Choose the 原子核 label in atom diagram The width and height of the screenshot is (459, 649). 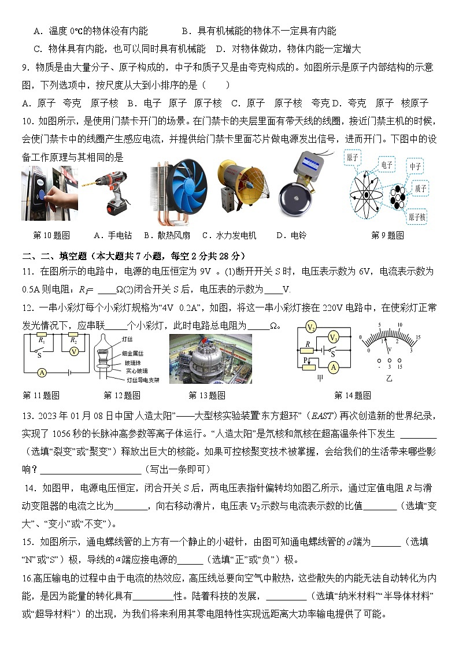[417, 217]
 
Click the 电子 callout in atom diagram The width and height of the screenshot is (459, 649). [387, 165]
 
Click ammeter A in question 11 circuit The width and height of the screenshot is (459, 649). [42, 373]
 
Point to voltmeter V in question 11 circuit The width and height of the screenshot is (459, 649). [73, 351]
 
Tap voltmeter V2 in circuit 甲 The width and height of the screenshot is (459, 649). [311, 328]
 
